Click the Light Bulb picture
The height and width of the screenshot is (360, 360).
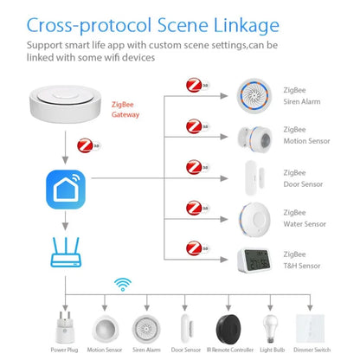tap(270, 321)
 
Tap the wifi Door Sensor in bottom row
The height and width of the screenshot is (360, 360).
tap(185, 321)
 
